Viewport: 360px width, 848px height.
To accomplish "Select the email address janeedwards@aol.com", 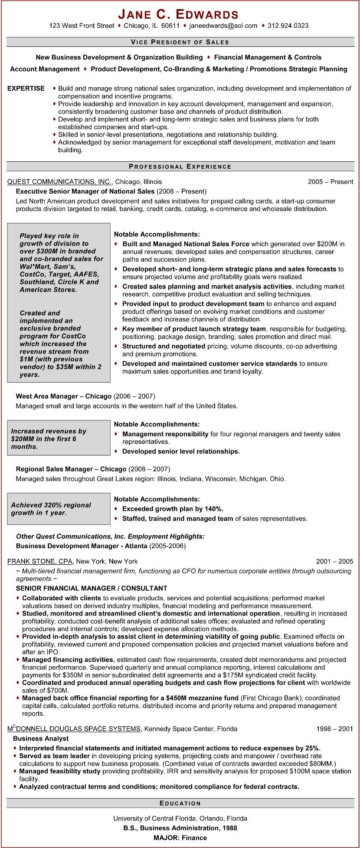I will pyautogui.click(x=223, y=26).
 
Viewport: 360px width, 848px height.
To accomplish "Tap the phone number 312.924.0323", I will pyautogui.click(x=288, y=26).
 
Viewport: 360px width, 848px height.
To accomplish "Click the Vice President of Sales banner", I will pyautogui.click(x=180, y=42).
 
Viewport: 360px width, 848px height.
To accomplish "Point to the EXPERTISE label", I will pyautogui.click(x=26, y=88).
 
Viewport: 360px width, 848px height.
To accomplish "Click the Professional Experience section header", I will pyautogui.click(x=180, y=167).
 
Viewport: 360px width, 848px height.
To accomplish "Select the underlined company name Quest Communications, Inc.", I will pyautogui.click(x=60, y=182).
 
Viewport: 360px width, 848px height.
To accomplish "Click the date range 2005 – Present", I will pyautogui.click(x=331, y=182).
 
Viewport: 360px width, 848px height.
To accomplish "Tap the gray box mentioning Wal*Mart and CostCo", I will pyautogui.click(x=59, y=302).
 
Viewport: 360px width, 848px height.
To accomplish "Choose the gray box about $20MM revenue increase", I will pyautogui.click(x=59, y=438).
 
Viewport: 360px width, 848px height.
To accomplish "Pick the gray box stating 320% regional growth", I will pyautogui.click(x=59, y=509).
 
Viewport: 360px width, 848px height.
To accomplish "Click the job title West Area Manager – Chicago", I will pyautogui.click(x=64, y=396).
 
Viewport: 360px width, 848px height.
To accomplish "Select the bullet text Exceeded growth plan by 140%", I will pyautogui.click(x=173, y=509).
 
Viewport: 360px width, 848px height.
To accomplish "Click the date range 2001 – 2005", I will pyautogui.click(x=334, y=561).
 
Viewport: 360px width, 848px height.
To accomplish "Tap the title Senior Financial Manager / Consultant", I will pyautogui.click(x=91, y=588).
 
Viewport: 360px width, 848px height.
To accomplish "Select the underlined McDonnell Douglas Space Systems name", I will pyautogui.click(x=74, y=729).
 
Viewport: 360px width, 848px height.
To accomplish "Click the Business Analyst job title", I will pyautogui.click(x=41, y=738).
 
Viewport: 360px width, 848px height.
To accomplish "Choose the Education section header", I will pyautogui.click(x=180, y=803).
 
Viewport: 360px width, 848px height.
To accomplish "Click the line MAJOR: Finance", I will pyautogui.click(x=180, y=838).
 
